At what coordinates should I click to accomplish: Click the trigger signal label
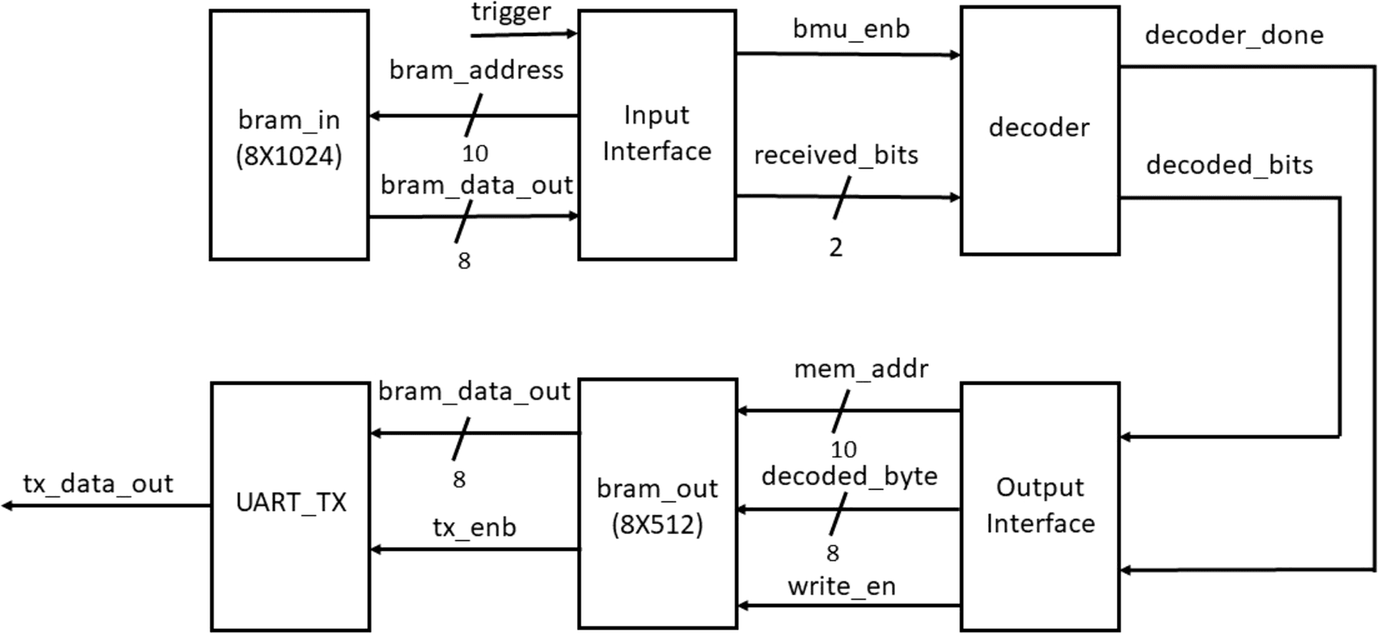click(x=511, y=12)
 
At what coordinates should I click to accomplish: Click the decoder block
click(x=1039, y=129)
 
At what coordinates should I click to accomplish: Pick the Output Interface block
click(x=1040, y=505)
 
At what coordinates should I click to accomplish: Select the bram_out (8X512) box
click(x=657, y=505)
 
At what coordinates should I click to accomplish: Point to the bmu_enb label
click(x=851, y=29)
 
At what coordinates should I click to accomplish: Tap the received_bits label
click(x=836, y=155)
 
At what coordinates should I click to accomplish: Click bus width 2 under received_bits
click(x=835, y=248)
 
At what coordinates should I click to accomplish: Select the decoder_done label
click(x=1234, y=35)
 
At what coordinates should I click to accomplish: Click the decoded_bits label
click(x=1229, y=165)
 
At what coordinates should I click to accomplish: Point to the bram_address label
click(x=477, y=70)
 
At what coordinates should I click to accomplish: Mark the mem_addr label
click(x=861, y=369)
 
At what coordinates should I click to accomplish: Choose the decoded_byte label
click(x=849, y=476)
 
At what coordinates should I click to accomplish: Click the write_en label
click(x=841, y=587)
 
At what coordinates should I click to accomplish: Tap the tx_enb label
click(x=474, y=528)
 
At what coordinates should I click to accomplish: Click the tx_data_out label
click(x=98, y=484)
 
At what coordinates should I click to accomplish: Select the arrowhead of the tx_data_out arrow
click(x=7, y=506)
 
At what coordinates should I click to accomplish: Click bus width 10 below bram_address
click(x=475, y=154)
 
